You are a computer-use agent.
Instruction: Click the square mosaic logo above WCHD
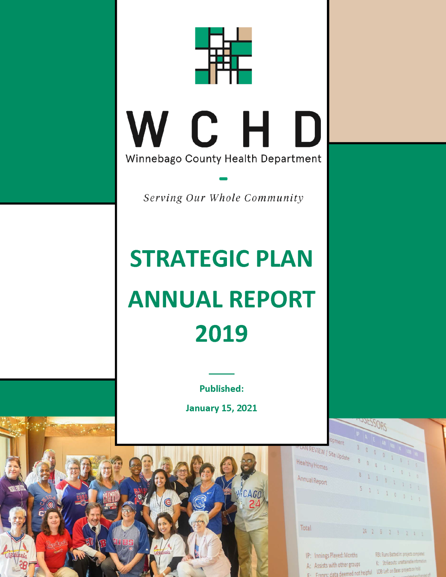(x=223, y=56)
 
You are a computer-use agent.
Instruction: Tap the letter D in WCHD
(x=308, y=129)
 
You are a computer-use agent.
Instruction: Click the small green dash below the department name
(x=223, y=179)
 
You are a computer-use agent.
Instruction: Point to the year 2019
(x=221, y=334)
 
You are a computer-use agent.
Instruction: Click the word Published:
(x=221, y=389)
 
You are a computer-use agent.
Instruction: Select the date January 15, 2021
(x=221, y=408)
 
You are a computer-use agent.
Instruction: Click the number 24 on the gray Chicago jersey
(x=254, y=504)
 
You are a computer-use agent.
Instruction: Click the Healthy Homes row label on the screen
(x=312, y=465)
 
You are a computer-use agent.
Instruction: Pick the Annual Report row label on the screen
(x=312, y=480)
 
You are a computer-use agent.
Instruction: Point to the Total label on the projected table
(x=305, y=528)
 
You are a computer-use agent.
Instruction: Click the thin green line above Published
(x=221, y=374)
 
